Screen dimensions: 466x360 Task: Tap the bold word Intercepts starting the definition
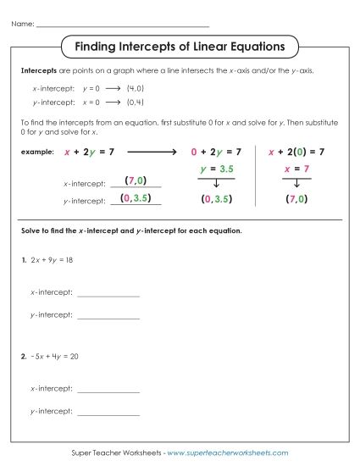click(36, 71)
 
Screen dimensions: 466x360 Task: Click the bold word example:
click(36, 151)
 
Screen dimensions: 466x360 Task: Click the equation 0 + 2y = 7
click(216, 152)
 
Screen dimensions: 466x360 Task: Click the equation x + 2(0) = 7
click(296, 152)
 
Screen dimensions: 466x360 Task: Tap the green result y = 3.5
click(216, 169)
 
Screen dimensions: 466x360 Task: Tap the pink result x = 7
click(296, 169)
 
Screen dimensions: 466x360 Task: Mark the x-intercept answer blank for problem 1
click(108, 295)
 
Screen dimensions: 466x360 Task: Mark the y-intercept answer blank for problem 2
click(108, 413)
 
